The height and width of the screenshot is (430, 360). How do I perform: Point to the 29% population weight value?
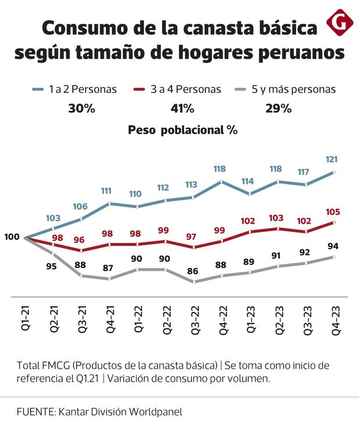278,109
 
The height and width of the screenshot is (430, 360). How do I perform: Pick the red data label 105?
333,212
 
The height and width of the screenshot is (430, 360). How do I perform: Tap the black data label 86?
193,271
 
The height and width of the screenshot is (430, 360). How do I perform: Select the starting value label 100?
11,237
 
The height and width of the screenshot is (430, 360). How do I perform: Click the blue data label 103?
53,218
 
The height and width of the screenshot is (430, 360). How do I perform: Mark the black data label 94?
333,245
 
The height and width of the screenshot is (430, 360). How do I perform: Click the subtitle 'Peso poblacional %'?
183,130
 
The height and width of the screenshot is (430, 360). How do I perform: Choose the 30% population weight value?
82,109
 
